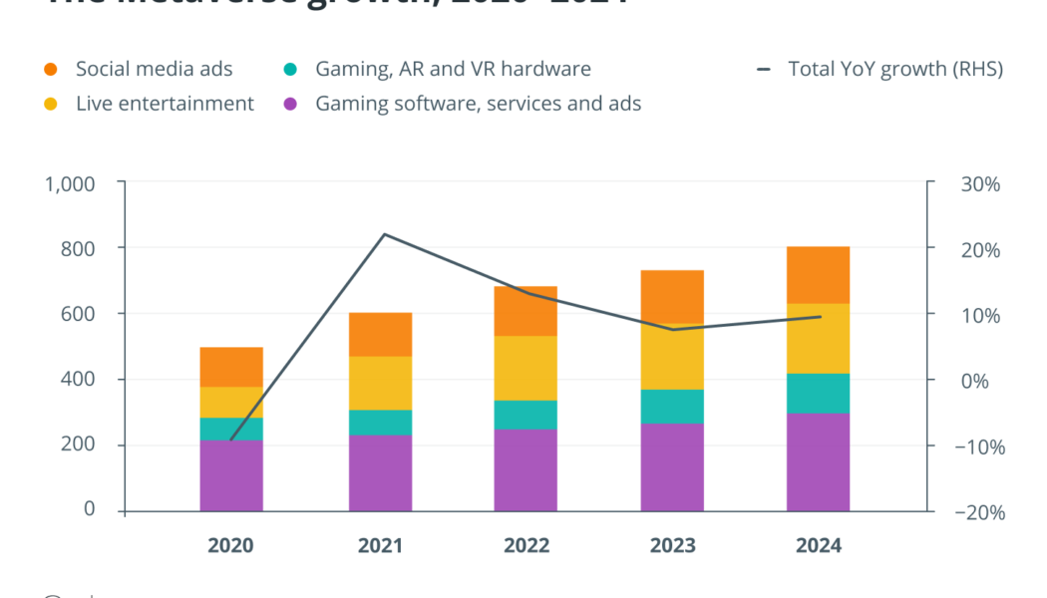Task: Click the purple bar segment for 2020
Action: click(231, 475)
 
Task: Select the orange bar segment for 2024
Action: click(818, 275)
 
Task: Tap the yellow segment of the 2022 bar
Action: click(525, 368)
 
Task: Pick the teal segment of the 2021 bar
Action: click(380, 423)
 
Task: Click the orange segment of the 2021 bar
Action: click(380, 335)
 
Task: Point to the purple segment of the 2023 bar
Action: click(672, 466)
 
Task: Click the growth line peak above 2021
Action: click(384, 234)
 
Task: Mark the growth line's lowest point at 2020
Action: click(231, 440)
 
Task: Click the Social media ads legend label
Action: click(154, 69)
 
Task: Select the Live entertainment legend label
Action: click(165, 104)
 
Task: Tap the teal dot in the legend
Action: click(290, 70)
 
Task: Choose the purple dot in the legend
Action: click(290, 104)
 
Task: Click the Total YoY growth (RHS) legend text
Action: click(894, 69)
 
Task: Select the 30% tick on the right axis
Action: click(981, 184)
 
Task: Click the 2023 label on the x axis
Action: click(672, 546)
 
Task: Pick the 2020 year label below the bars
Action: click(231, 546)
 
